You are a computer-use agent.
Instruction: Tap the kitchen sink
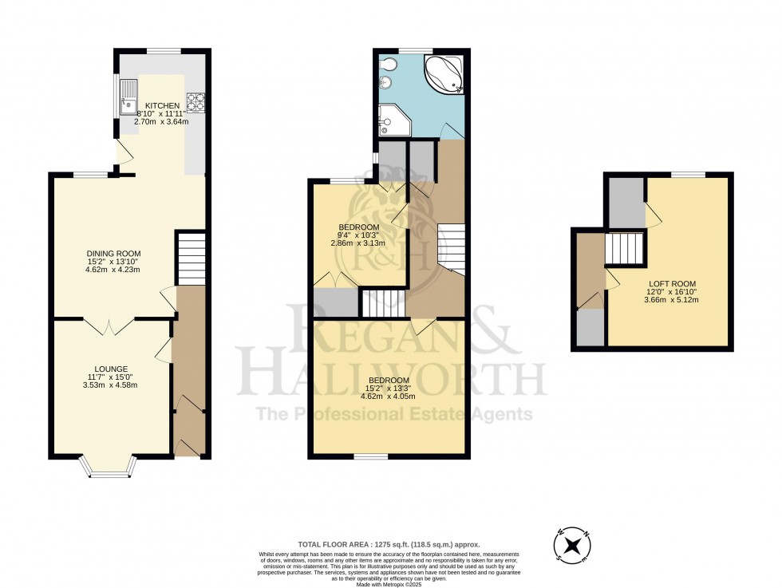(128, 98)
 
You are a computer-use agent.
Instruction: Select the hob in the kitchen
(195, 101)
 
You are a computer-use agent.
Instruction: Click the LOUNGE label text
(112, 369)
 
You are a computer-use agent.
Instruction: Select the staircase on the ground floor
(190, 257)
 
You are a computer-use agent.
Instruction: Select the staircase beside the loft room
(624, 248)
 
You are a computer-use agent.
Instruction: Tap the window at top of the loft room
(688, 174)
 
